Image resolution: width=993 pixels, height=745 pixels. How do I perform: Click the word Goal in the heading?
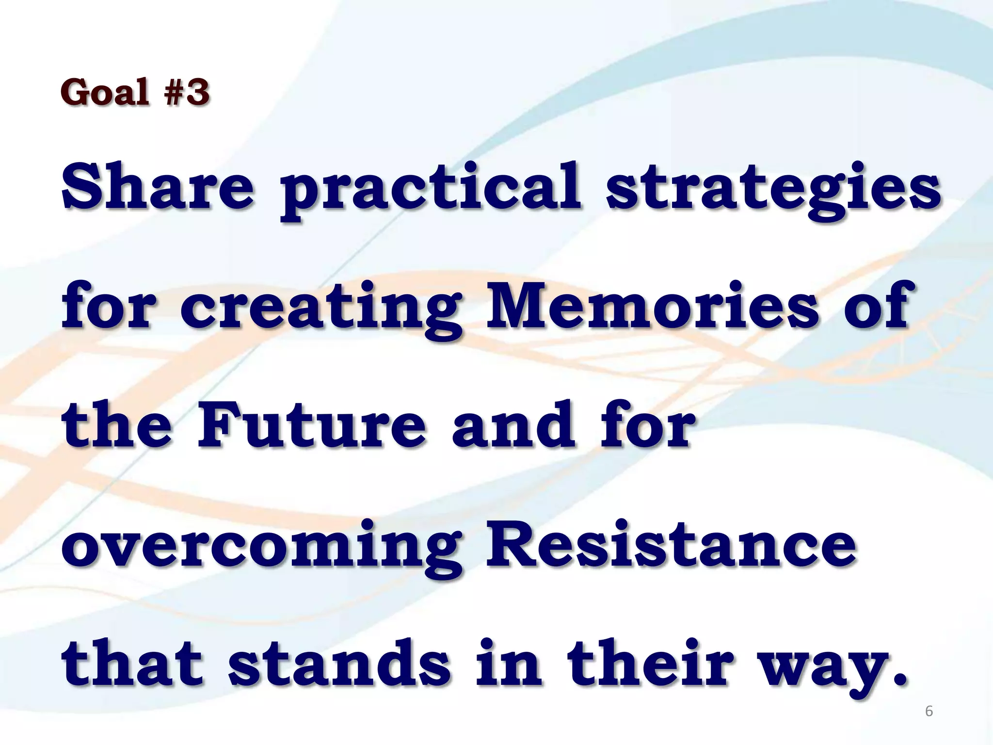[105, 92]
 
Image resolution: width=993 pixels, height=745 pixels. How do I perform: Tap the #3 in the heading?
[187, 92]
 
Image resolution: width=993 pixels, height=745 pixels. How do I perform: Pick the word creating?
[320, 308]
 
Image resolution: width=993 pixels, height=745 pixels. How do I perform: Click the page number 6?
[929, 711]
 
